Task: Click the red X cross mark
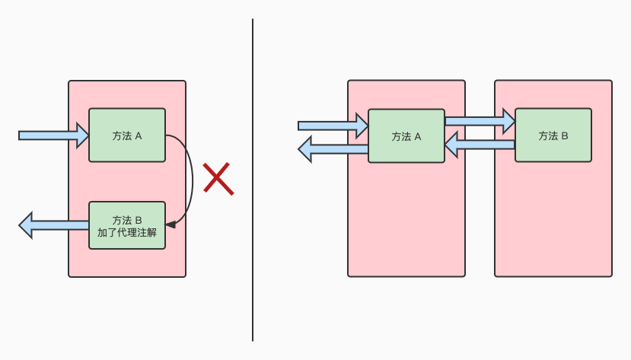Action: (218, 179)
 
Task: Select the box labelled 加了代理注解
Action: (126, 225)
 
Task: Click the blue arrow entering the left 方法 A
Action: (53, 135)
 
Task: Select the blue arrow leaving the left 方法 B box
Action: (53, 225)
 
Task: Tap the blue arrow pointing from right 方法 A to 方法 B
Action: (480, 120)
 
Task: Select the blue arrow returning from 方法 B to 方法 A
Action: (480, 143)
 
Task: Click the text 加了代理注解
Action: (126, 233)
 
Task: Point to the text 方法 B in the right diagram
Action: (553, 135)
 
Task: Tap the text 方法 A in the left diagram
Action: (126, 136)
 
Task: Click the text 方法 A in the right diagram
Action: (406, 137)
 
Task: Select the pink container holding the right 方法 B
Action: (553, 221)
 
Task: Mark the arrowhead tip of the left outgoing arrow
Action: (21, 225)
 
